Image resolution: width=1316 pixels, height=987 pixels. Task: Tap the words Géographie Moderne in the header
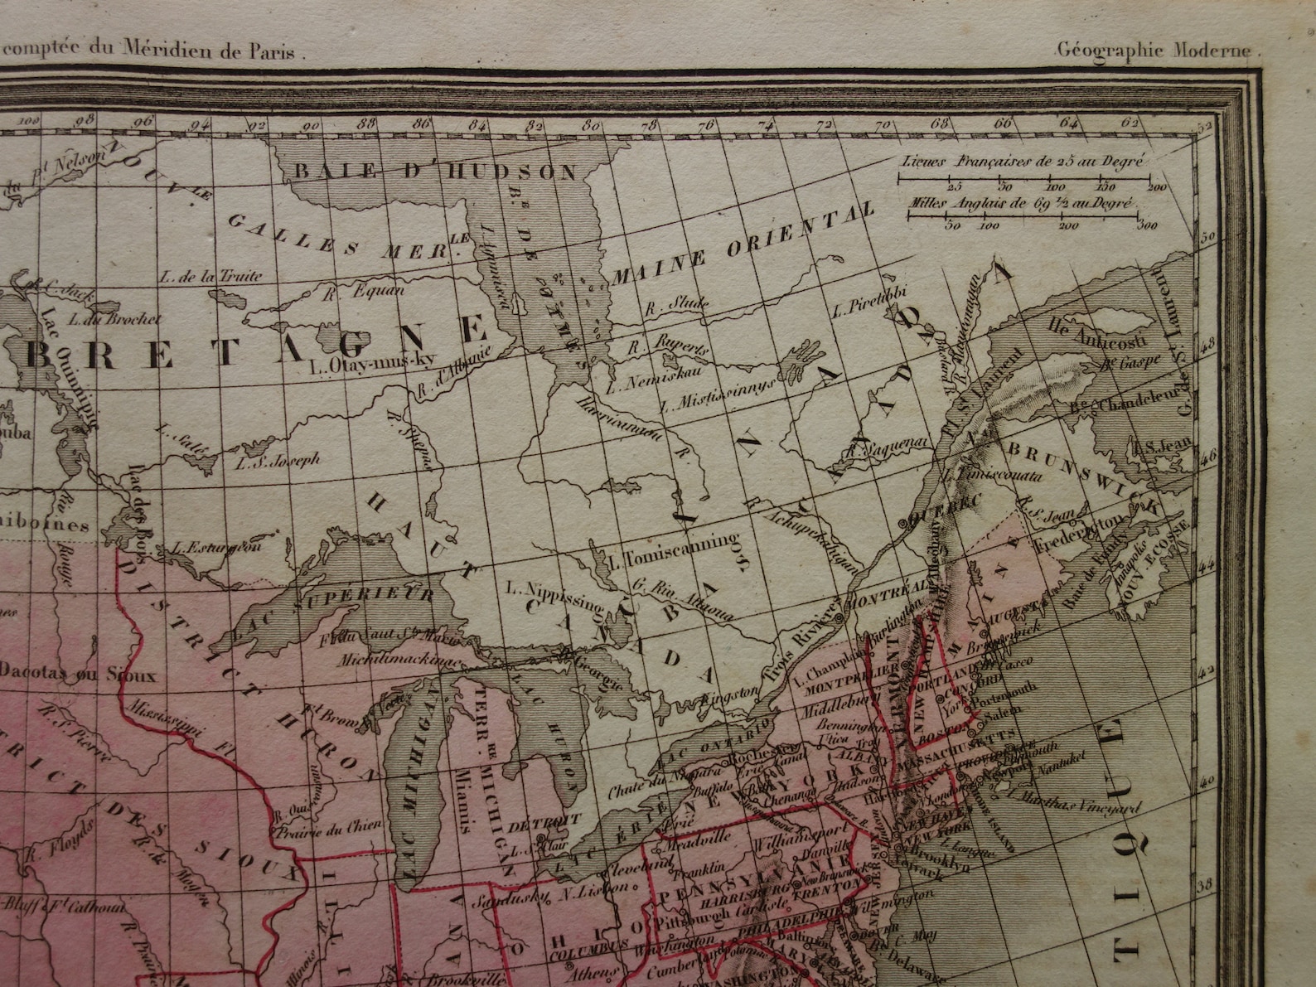pos(1158,49)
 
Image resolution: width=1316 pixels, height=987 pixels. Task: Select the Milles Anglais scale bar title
pos(1023,201)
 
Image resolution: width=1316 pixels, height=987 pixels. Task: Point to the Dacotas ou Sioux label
pos(78,673)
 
